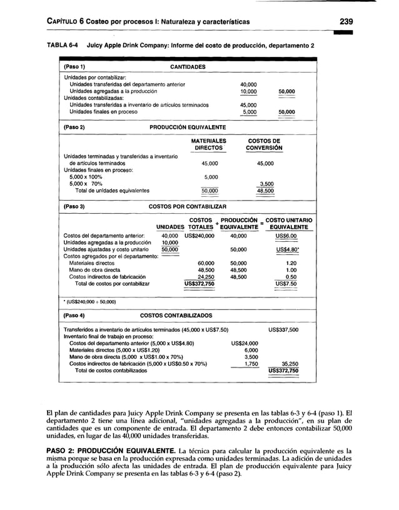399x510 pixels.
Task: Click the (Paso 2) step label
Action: coord(74,127)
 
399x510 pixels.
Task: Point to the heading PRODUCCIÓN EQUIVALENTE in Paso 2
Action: coord(188,127)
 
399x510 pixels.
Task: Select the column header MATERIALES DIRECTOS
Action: coord(209,145)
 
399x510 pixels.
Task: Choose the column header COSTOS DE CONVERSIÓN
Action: coord(265,145)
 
